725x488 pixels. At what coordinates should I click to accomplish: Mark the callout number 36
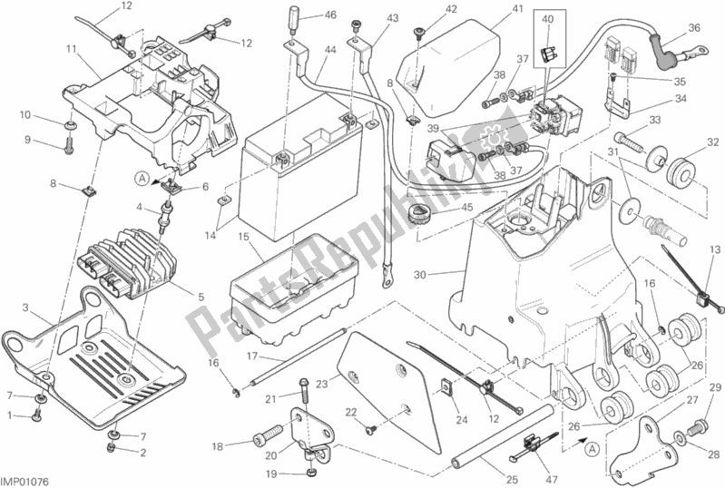[x=694, y=27]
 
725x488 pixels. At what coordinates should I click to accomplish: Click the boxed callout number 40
[x=546, y=18]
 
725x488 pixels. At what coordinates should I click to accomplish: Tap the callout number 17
[x=252, y=356]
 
